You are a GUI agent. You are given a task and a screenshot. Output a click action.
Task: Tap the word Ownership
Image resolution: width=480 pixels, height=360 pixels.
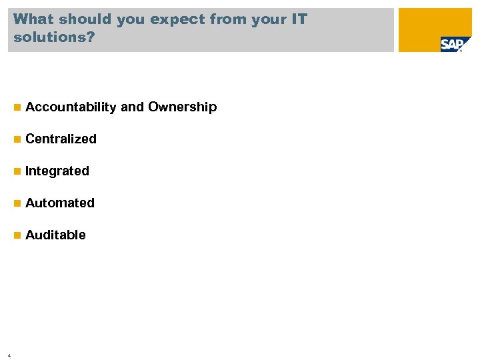183,107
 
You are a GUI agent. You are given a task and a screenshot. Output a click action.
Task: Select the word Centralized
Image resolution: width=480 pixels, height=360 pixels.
61,139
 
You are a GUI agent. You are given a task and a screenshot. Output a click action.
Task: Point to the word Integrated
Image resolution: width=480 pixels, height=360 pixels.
57,171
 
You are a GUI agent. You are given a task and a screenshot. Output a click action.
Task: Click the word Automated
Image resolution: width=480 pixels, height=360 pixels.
60,203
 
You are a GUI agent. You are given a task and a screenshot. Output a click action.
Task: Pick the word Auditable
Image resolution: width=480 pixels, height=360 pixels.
55,235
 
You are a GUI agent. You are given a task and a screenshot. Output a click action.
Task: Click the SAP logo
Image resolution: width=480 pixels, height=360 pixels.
451,45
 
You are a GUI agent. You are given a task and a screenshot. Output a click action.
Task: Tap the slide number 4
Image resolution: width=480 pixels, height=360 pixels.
9,355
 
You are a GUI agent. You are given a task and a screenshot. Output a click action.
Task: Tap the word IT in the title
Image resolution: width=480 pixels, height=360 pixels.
299,19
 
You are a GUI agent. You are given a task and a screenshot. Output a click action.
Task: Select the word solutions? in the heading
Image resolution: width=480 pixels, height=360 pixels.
54,37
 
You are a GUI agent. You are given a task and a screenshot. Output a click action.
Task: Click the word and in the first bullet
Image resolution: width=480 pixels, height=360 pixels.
133,107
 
